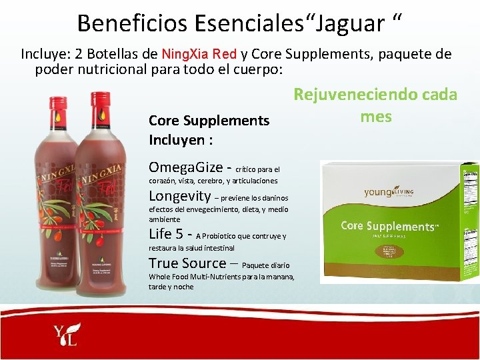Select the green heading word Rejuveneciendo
point(354,94)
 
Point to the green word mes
point(376,116)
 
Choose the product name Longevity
point(179,196)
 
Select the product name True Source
point(187,263)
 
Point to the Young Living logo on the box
point(389,192)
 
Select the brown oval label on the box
point(392,257)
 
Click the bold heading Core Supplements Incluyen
point(209,131)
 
